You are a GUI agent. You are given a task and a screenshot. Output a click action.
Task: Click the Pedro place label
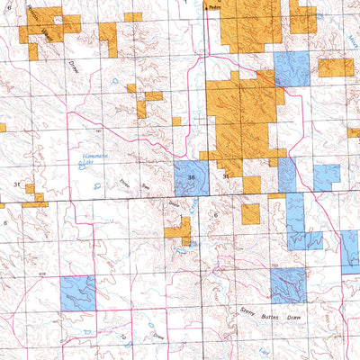[214, 4]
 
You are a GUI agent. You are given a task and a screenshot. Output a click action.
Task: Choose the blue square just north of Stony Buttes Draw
[288, 285]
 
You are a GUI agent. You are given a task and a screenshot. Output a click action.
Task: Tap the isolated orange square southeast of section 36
[250, 213]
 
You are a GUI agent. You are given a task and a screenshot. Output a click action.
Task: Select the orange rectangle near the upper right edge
[336, 67]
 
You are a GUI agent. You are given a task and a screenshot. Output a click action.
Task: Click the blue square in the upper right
[292, 68]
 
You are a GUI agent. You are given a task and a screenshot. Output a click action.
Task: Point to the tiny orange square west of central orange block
[176, 121]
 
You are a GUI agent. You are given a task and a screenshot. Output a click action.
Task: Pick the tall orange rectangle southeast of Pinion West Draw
[108, 40]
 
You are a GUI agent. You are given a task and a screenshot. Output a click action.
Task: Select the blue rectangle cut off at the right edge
[350, 252]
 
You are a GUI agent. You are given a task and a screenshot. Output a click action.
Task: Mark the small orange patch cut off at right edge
[355, 132]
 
